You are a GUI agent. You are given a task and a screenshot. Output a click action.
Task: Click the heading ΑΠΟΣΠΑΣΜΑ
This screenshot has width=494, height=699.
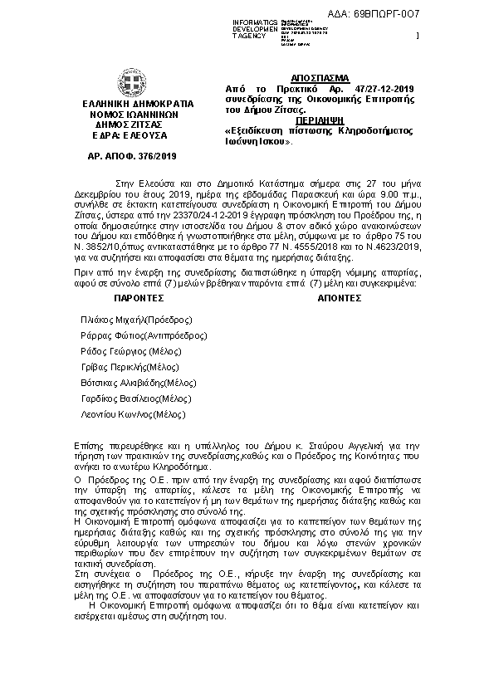[320, 76]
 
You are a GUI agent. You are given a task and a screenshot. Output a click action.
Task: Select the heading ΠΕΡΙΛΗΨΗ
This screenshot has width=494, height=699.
[320, 120]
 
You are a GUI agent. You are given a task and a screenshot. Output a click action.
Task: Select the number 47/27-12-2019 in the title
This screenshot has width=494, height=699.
[387, 87]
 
